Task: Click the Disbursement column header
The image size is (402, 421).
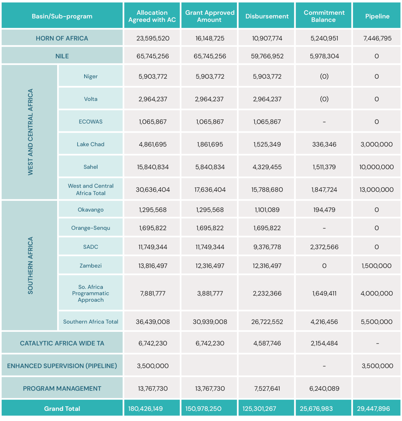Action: (267, 16)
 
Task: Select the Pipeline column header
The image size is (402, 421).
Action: (377, 16)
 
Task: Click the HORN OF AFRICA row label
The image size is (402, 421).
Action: (62, 38)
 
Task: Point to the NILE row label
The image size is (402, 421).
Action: (62, 56)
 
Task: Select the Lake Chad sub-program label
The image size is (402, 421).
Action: (91, 144)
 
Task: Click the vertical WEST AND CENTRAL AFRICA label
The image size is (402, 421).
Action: (30, 132)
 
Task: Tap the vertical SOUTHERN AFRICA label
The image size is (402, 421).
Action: (30, 265)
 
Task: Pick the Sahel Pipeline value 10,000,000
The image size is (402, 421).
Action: (376, 167)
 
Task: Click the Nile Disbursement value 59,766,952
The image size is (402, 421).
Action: (267, 56)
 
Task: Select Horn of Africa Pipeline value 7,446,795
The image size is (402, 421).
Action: (377, 38)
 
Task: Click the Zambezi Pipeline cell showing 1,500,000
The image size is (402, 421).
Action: (376, 266)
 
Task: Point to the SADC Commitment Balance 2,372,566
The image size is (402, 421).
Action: (324, 247)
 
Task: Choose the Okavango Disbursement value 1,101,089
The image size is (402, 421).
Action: (267, 210)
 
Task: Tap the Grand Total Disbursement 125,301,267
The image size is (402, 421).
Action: (259, 409)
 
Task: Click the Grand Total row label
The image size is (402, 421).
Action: (62, 409)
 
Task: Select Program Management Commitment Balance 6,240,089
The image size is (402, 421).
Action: (324, 388)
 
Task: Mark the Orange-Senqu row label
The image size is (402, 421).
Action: (91, 228)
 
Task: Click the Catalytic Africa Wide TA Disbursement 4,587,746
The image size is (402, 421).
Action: (267, 343)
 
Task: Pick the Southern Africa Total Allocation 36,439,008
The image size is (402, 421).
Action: (153, 322)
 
